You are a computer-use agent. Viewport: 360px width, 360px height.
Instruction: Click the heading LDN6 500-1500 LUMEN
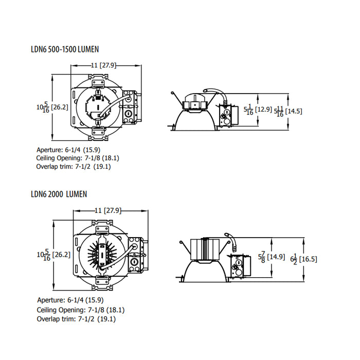click(65, 49)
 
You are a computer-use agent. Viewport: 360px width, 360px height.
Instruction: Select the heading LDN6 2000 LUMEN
click(59, 194)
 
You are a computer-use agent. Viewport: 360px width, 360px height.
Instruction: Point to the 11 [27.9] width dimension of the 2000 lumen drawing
click(107, 210)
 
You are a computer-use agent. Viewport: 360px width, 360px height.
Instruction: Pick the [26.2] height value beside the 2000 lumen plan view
click(62, 255)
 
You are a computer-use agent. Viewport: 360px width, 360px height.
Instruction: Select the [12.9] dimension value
click(264, 110)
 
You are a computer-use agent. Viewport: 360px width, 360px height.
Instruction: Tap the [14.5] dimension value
click(294, 111)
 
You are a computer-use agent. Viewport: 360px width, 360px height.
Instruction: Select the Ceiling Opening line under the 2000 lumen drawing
click(81, 310)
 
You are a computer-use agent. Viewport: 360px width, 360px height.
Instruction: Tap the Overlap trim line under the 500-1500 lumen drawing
click(74, 167)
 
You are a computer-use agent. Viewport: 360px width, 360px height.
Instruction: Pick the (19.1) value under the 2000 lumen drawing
click(106, 319)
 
